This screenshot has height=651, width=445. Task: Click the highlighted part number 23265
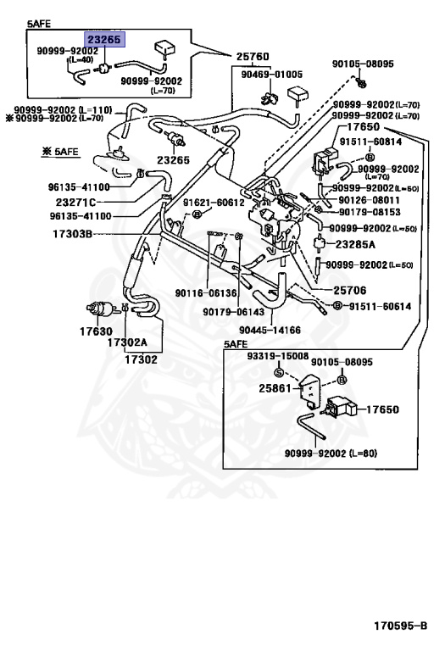(103, 39)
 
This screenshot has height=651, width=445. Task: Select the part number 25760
(252, 57)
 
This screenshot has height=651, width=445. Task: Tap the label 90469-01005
(265, 73)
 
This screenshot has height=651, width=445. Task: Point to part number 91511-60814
(375, 142)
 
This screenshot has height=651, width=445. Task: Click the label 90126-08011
(373, 200)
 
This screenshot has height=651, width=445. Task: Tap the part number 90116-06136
(206, 292)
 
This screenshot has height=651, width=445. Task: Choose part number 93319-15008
(277, 357)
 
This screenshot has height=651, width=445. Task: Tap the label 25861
(275, 388)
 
